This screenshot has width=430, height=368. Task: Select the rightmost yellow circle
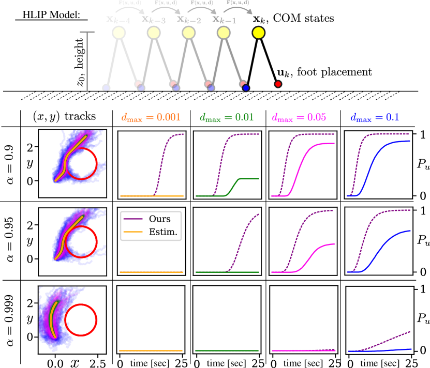258,33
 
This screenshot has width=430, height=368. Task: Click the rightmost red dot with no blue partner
278,84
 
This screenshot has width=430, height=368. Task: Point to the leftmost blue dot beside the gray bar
106,88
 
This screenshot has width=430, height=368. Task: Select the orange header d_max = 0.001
151,118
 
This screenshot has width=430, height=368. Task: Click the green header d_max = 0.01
227,118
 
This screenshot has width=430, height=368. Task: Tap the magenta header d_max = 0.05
299,118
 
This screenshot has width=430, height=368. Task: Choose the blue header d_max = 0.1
375,118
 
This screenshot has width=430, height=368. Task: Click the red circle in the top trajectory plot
81,164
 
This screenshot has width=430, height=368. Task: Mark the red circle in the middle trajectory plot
81,241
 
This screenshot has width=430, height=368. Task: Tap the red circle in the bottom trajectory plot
81,320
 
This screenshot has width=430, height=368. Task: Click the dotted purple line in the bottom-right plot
393,338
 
